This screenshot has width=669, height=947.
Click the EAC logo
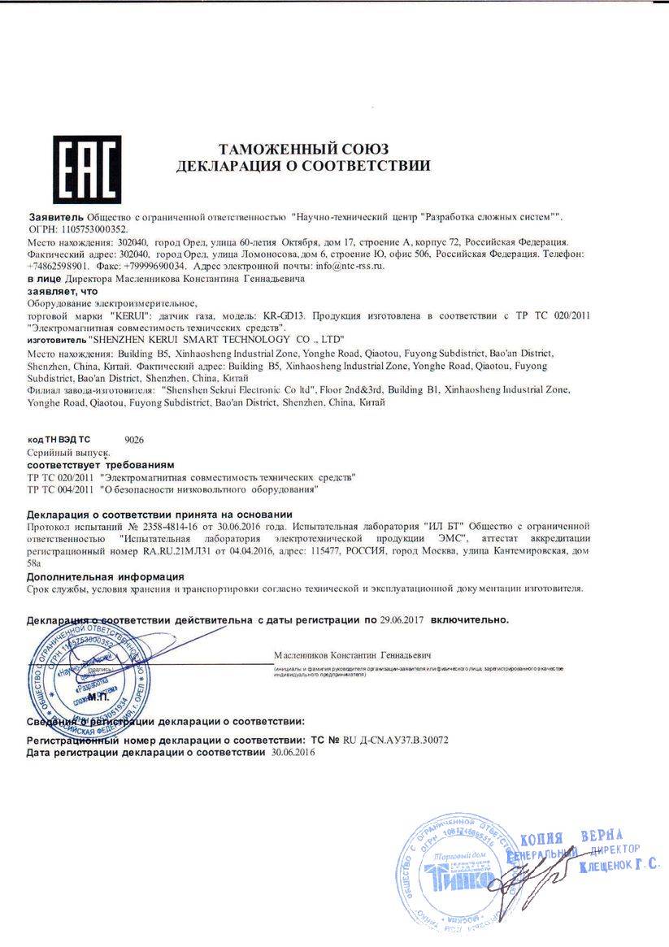pos(86,170)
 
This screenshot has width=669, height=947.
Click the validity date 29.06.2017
pos(404,619)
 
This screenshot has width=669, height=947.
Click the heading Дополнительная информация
pos(102,576)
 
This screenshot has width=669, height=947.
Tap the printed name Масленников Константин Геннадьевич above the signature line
pos(352,654)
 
